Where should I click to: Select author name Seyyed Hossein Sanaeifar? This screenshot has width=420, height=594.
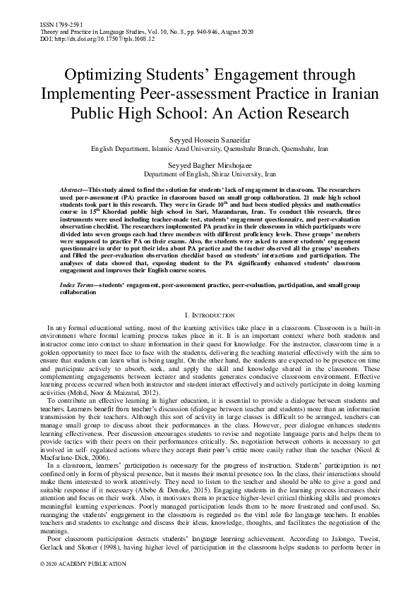(x=210, y=140)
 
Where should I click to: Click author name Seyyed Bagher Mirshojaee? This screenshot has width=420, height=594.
(x=210, y=164)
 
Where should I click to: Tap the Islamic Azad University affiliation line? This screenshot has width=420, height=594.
(x=210, y=150)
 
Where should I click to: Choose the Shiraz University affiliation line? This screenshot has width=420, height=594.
(x=210, y=173)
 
